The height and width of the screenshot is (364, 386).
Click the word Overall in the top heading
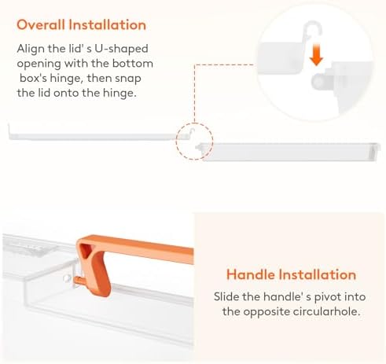pyautogui.click(x=41, y=25)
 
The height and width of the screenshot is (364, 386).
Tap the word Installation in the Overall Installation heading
pyautogui.click(x=107, y=25)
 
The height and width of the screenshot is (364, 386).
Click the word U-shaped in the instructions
pyautogui.click(x=121, y=50)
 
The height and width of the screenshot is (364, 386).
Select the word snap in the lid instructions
pyautogui.click(x=128, y=79)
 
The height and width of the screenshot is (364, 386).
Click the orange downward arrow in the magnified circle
pyautogui.click(x=316, y=55)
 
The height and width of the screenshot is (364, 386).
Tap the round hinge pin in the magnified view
pyautogui.click(x=318, y=81)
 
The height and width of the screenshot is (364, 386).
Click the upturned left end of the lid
pyautogui.click(x=9, y=131)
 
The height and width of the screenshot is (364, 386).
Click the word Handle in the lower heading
pyautogui.click(x=250, y=274)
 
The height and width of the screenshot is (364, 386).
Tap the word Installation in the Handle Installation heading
pyautogui.click(x=317, y=274)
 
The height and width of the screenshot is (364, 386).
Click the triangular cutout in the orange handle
pyautogui.click(x=85, y=251)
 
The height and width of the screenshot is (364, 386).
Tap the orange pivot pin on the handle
pyautogui.click(x=79, y=281)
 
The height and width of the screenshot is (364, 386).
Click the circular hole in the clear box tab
pyautogui.click(x=67, y=278)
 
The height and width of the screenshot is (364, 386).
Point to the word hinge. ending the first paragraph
pyautogui.click(x=119, y=93)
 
